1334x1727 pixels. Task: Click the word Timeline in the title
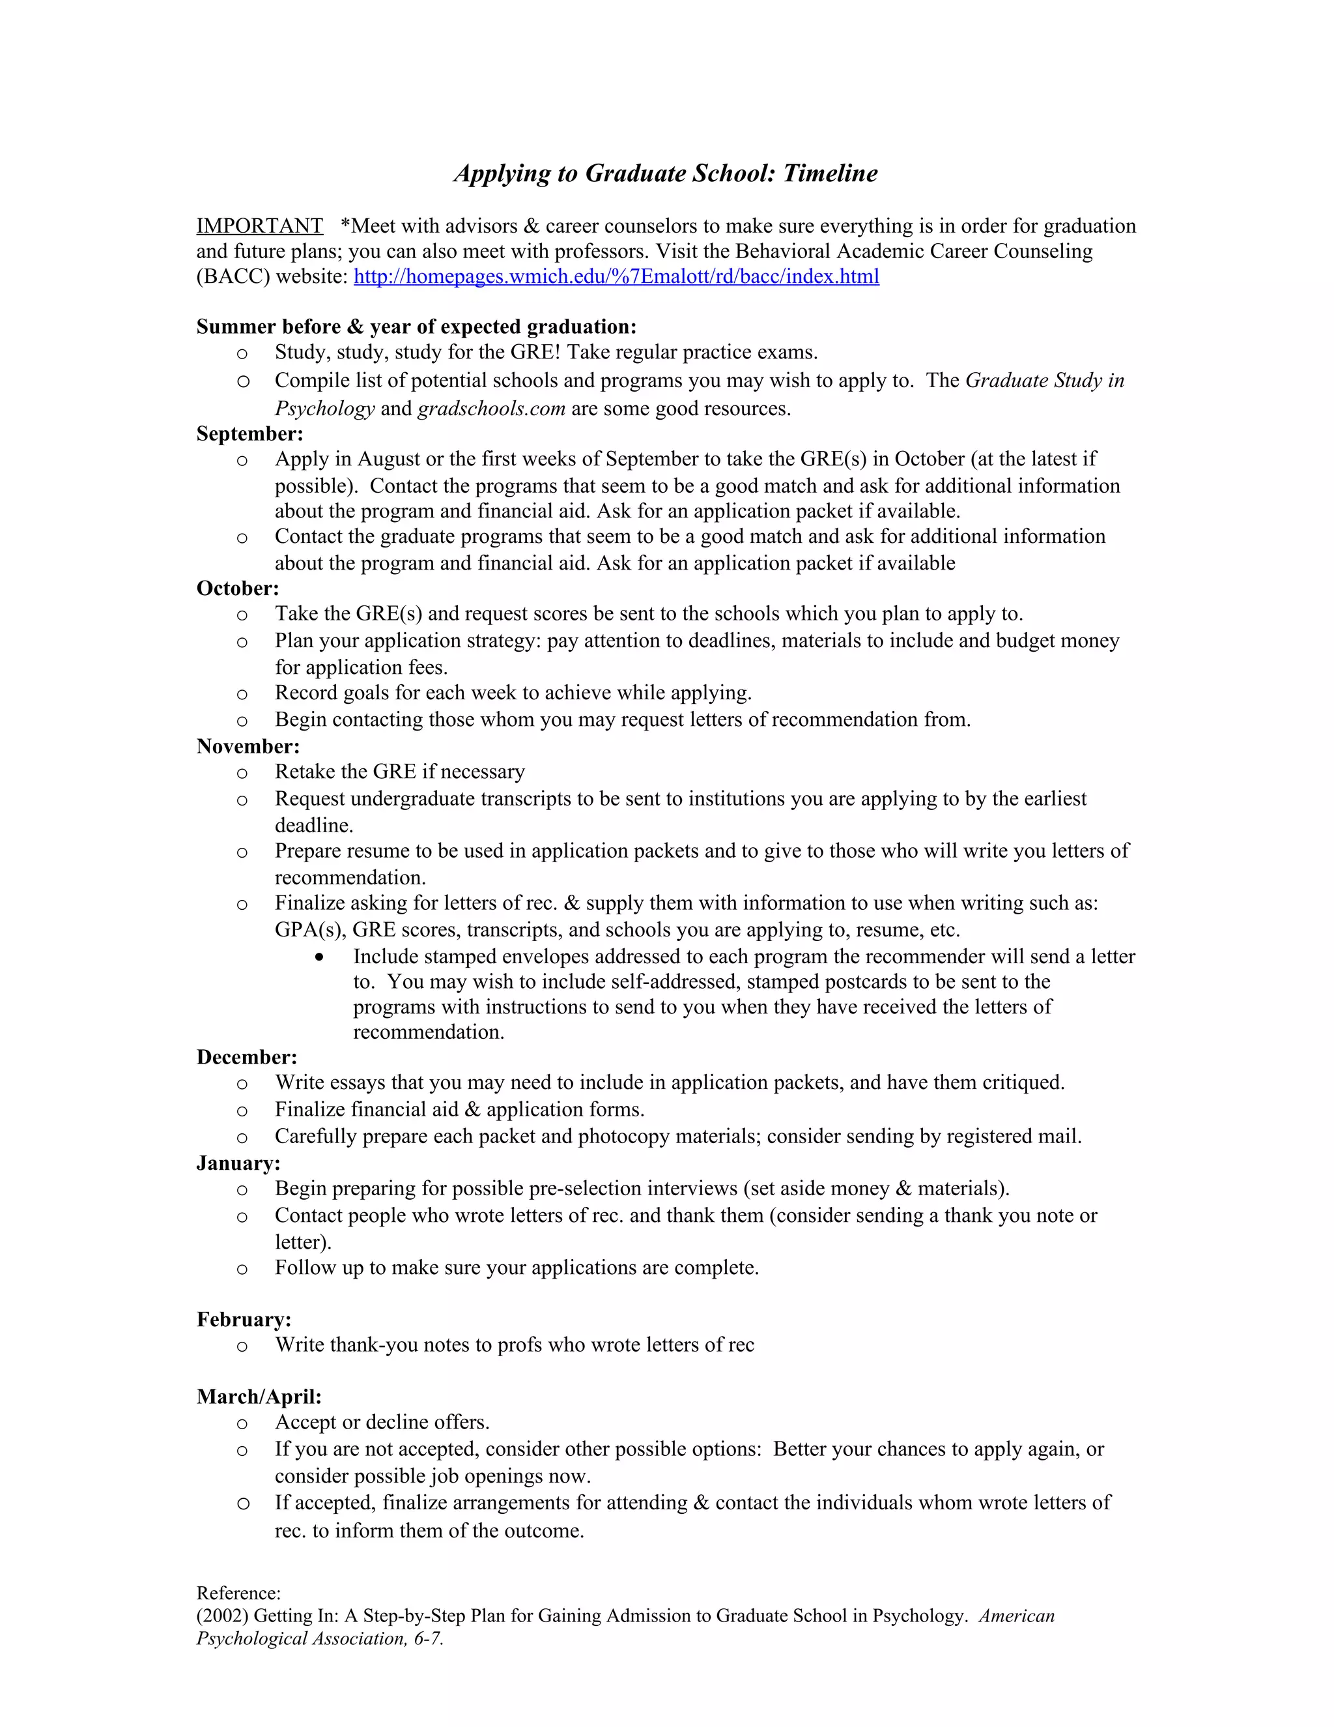(x=830, y=173)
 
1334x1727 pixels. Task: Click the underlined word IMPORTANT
(x=259, y=226)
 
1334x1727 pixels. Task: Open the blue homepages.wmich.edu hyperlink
(x=616, y=277)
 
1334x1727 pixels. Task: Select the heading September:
(x=249, y=433)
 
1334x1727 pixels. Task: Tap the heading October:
(x=238, y=588)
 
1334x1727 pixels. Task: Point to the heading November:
(x=248, y=746)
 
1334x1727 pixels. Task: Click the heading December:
(x=247, y=1057)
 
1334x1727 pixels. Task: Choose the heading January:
(x=238, y=1163)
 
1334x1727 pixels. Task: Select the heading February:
(x=244, y=1320)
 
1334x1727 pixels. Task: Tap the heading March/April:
(x=259, y=1397)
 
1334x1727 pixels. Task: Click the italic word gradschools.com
(x=490, y=409)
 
